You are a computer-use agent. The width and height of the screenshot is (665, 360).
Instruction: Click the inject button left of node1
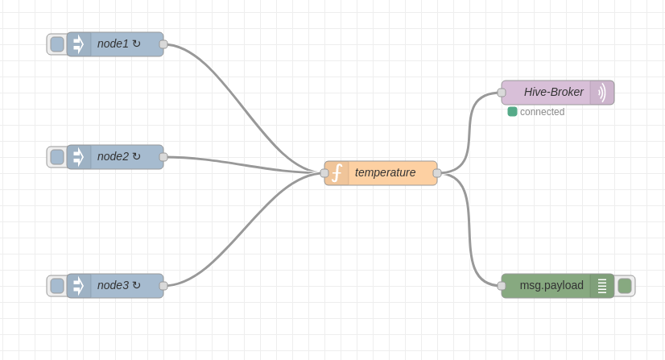(x=56, y=44)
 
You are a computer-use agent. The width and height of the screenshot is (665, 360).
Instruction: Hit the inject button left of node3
(x=56, y=286)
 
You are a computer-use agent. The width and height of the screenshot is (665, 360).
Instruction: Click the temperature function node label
(x=385, y=172)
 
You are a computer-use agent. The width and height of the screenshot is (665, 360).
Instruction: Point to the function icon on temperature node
(x=337, y=173)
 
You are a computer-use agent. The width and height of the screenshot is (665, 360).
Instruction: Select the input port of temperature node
(x=324, y=173)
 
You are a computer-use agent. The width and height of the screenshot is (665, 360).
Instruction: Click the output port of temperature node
(x=437, y=173)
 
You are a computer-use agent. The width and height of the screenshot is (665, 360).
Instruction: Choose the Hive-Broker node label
(x=553, y=92)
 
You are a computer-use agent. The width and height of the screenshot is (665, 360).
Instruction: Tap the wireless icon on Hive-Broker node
(x=602, y=93)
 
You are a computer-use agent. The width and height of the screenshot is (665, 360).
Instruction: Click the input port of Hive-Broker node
(x=502, y=93)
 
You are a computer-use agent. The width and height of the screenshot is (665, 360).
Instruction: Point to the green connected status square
(x=512, y=112)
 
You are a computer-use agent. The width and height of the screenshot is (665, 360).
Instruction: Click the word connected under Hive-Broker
(x=542, y=112)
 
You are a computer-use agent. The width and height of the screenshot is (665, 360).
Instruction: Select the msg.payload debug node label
(x=551, y=285)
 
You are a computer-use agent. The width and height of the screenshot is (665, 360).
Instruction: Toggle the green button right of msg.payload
(x=625, y=286)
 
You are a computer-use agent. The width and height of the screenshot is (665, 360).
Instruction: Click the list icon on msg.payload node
(x=602, y=286)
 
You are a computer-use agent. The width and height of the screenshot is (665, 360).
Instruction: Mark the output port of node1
(x=163, y=44)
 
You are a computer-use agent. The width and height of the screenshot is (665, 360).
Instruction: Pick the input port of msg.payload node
(x=502, y=286)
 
